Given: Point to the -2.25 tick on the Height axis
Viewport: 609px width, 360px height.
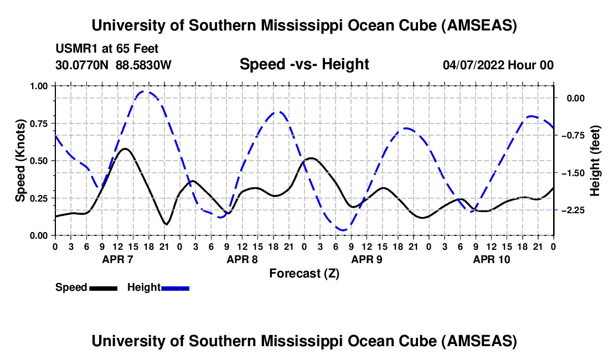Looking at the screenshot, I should (579, 210).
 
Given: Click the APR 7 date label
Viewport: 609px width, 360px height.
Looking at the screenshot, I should (117, 259).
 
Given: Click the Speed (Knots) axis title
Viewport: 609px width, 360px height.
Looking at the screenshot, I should (20, 161).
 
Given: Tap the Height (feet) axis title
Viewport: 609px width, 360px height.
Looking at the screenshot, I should (595, 161).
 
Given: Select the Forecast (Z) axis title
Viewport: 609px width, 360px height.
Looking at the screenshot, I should (304, 273).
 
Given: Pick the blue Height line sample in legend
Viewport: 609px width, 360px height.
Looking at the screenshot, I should (175, 288).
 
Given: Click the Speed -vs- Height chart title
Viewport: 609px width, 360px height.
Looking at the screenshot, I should (304, 65).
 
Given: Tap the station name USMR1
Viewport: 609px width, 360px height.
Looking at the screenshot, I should (73, 49).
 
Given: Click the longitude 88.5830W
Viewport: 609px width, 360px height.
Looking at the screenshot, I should (143, 65).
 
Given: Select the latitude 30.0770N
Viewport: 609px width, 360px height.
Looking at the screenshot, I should (82, 65).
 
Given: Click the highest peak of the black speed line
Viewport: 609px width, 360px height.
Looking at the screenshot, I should (126, 148).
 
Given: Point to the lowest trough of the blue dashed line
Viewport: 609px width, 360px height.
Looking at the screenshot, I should (343, 230).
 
